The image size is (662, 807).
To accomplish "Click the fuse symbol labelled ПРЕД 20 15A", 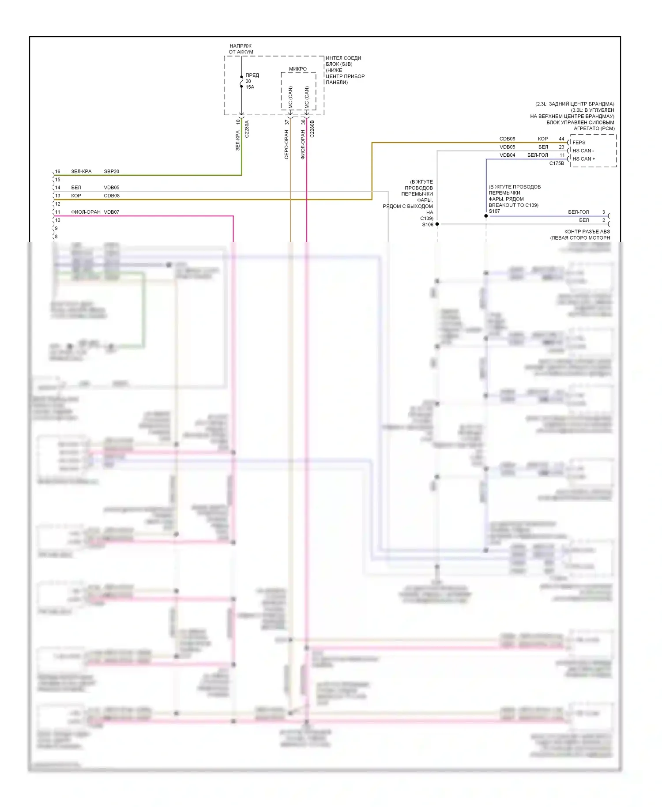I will click(241, 82).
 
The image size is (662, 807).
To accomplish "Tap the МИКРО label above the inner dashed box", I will click(298, 69).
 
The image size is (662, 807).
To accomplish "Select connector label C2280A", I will click(247, 129).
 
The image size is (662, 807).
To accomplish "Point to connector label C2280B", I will click(312, 129).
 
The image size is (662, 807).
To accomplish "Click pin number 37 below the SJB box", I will click(287, 122).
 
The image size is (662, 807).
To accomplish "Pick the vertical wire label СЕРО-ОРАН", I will click(286, 144).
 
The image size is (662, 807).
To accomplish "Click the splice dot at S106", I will click(437, 224).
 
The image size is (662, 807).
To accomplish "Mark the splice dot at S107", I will click(486, 216).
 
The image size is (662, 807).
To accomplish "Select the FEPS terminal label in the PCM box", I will click(579, 143).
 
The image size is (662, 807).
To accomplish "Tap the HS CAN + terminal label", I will click(583, 159).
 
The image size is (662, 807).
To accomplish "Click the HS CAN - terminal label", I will click(583, 151).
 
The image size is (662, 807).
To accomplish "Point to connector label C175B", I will click(557, 163).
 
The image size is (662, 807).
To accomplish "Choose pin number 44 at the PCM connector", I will click(561, 139).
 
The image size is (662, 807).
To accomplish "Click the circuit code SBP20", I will click(111, 171).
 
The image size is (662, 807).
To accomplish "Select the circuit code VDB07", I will click(111, 212).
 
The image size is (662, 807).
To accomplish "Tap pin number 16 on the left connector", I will click(57, 171).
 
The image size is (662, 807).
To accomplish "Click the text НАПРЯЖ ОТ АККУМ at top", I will click(241, 49).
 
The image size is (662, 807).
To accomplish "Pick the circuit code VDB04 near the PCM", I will click(507, 155).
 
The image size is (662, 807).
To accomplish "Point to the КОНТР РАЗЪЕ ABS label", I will click(587, 231).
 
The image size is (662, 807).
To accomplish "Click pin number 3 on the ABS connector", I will click(604, 212).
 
